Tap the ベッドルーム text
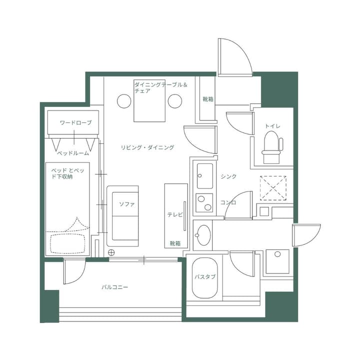tap(73, 152)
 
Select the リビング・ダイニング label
tap(147, 147)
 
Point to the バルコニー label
tap(115, 287)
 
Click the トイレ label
tap(272, 126)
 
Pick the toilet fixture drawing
tap(272, 147)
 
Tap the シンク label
tap(228, 176)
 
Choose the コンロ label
tap(228, 202)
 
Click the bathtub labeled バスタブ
tap(204, 278)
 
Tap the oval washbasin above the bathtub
tap(203, 235)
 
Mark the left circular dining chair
tap(124, 101)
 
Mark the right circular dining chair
tap(174, 101)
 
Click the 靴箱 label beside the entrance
tap(208, 99)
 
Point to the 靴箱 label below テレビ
tap(175, 243)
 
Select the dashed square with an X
tap(273, 188)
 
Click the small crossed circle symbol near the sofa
tap(111, 251)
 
